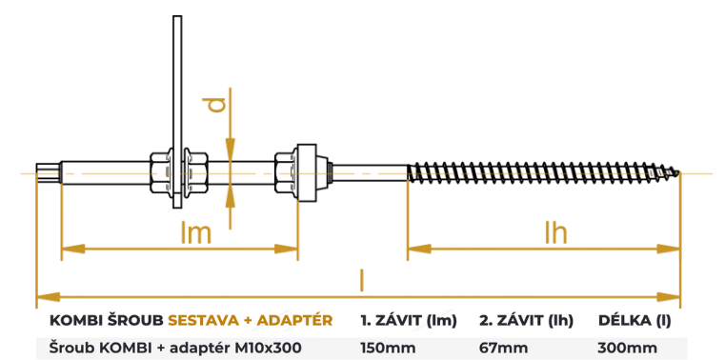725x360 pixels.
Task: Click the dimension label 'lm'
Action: click(195, 231)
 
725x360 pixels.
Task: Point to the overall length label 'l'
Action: click(361, 279)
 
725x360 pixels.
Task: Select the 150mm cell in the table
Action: click(388, 348)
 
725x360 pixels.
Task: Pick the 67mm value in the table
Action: click(502, 348)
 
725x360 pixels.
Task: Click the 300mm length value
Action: click(627, 348)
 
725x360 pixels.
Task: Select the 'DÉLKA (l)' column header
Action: click(634, 320)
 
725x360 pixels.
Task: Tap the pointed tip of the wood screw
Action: click(680, 172)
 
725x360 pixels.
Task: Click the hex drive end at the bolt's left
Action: click(45, 172)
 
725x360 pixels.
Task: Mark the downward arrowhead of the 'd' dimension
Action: click(229, 148)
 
